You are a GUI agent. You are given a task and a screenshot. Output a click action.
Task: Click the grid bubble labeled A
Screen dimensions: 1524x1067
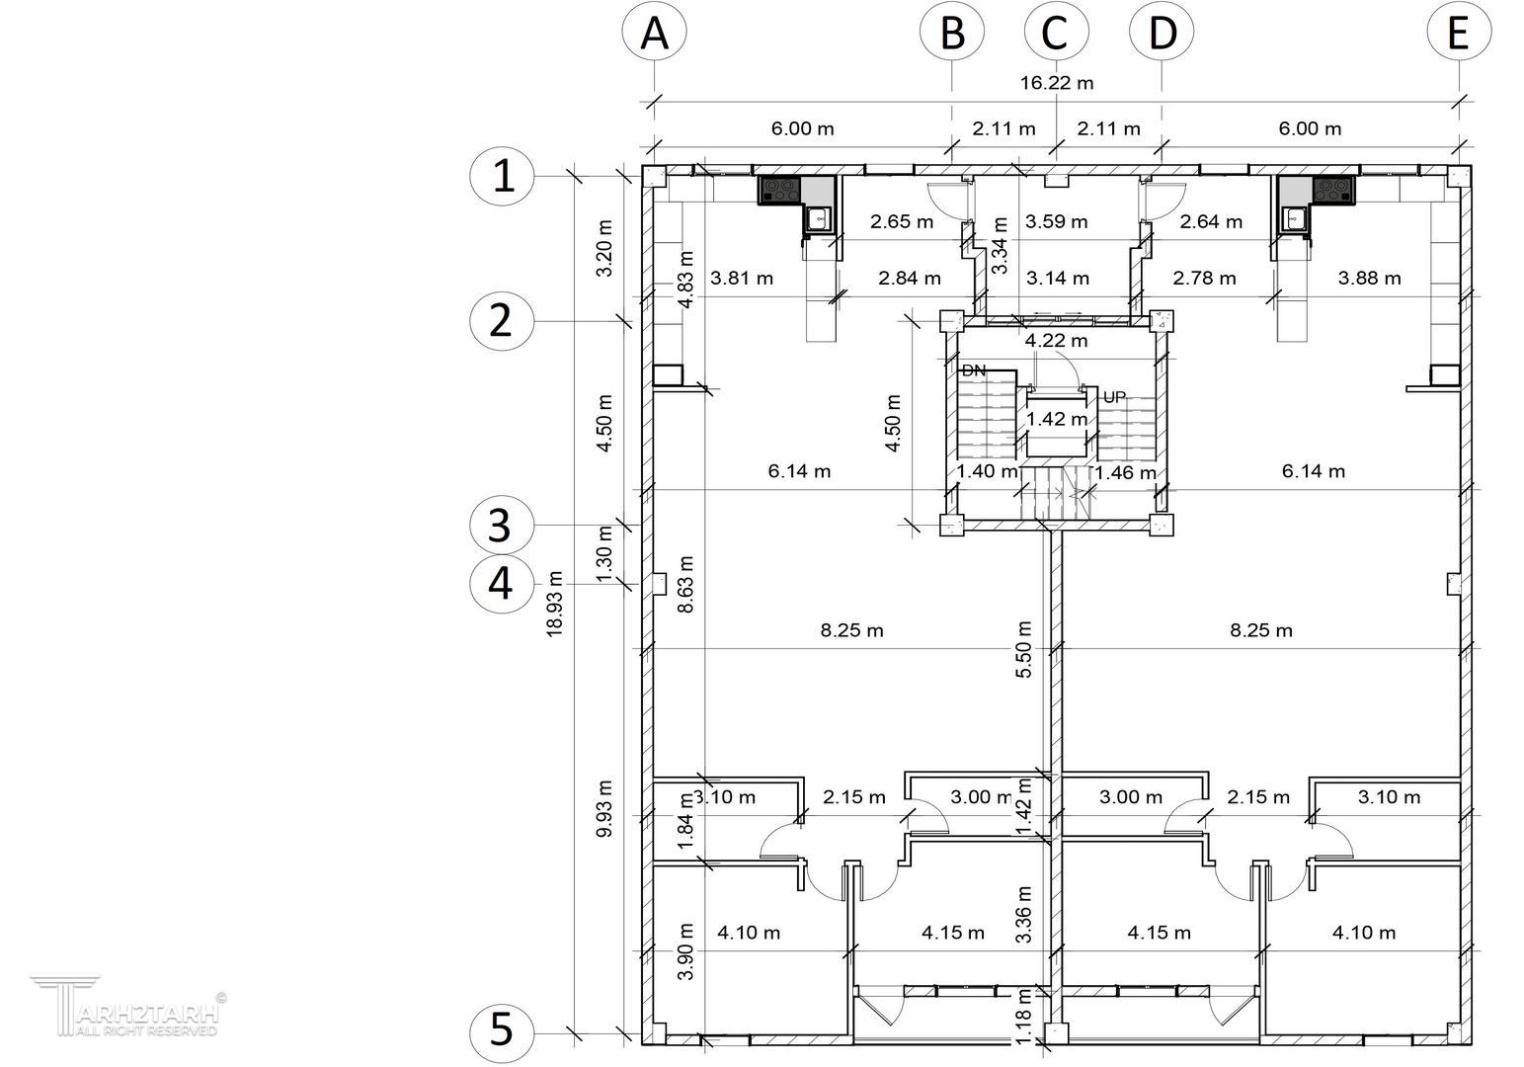pos(654,32)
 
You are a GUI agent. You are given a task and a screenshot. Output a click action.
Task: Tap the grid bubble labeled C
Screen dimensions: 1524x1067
pos(1056,32)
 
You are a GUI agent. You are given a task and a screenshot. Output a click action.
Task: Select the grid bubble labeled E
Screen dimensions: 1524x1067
pos(1459,32)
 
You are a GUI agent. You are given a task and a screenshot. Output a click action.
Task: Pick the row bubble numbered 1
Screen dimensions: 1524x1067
pos(502,176)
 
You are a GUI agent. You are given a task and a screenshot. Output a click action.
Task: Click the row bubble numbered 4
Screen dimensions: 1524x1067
pos(502,584)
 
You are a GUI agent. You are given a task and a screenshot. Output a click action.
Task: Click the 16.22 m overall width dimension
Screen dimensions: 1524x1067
pos(1057,83)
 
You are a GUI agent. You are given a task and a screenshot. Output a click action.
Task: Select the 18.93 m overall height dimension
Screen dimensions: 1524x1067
pos(555,605)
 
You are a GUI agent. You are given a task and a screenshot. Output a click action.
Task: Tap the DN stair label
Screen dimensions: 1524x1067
pos(974,370)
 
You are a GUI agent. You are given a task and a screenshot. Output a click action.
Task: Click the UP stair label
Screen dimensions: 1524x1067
pos(1114,397)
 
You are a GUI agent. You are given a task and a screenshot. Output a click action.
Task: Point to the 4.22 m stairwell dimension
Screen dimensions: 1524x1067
pos(1056,340)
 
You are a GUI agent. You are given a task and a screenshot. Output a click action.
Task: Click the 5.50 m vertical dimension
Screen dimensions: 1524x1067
pos(1024,649)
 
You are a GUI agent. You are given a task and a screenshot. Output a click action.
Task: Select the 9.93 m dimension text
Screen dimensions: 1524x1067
pos(604,808)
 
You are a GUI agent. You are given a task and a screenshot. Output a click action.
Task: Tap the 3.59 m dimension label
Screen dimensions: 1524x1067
pos(1056,221)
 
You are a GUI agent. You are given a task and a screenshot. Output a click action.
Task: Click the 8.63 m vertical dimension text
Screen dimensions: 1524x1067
pos(685,584)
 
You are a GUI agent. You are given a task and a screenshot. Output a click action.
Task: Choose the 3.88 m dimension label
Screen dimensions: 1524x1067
pos(1369,278)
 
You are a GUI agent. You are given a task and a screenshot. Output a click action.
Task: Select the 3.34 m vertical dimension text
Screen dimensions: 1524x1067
pos(1000,246)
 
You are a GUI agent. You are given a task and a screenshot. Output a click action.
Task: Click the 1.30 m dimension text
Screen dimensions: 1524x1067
pos(604,554)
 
